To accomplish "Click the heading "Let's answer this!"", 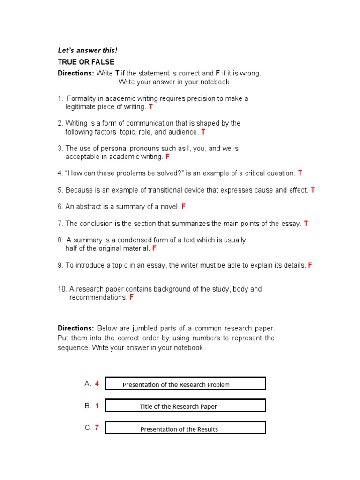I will click(81, 51).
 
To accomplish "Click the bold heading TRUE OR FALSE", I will click(86, 62).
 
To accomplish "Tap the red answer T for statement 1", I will click(150, 107).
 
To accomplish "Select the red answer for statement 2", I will click(203, 132).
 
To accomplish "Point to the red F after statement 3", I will click(167, 157).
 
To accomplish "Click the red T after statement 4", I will click(300, 173).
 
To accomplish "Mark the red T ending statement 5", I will click(313, 190).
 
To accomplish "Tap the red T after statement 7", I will click(306, 224).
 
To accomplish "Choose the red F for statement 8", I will click(154, 248).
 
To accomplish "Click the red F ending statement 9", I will click(310, 265).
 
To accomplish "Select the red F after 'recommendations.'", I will click(131, 298).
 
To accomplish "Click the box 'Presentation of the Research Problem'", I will click(185, 384).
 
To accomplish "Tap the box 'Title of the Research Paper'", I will click(185, 406).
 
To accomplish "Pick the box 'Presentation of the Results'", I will click(185, 428).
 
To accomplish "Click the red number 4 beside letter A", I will click(97, 383).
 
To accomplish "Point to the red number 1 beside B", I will click(97, 406).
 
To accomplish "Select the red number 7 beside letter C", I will click(97, 427).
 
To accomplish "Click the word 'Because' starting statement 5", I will click(79, 190).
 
